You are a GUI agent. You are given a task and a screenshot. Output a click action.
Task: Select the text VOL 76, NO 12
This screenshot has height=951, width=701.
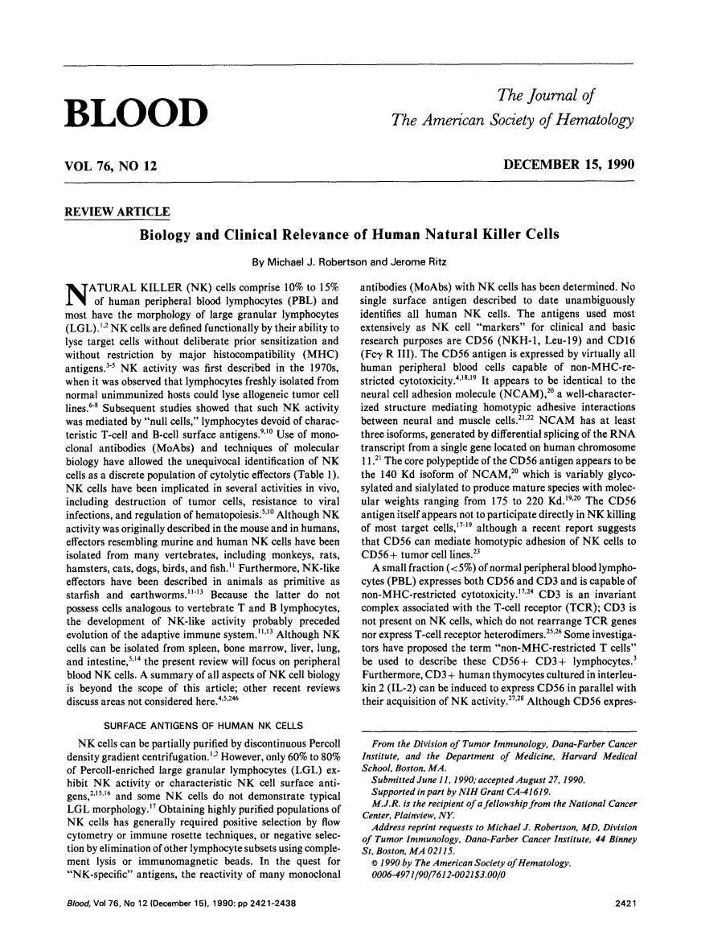click(x=110, y=166)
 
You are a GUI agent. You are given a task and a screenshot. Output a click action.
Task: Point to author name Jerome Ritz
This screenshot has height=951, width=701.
click(x=422, y=261)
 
